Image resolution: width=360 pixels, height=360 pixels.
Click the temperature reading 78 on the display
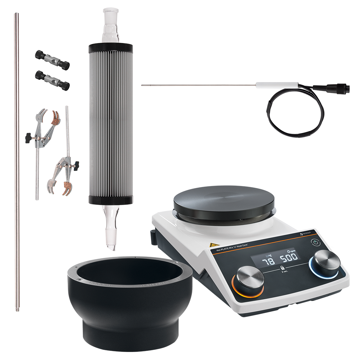[268, 261]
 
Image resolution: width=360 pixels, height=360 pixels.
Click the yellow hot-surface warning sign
[211, 245]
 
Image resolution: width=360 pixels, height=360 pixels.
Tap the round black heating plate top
[224, 199]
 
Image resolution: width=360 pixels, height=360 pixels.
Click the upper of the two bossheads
[52, 60]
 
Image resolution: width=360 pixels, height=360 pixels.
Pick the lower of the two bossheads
[52, 80]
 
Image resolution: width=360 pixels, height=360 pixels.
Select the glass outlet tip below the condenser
[110, 233]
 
